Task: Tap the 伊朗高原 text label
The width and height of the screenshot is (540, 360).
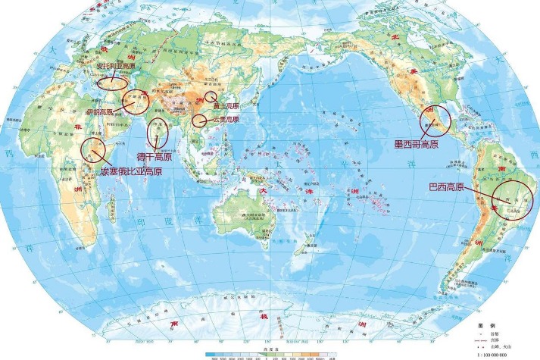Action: click(98, 111)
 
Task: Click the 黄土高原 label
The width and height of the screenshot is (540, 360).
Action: click(225, 106)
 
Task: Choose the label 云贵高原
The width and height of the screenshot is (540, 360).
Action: click(225, 120)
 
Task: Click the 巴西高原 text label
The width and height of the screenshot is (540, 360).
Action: click(445, 186)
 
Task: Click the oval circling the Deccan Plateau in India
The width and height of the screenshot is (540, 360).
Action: click(158, 133)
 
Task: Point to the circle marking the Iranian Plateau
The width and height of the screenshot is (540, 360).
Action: click(136, 100)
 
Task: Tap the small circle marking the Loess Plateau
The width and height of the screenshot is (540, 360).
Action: click(211, 96)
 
